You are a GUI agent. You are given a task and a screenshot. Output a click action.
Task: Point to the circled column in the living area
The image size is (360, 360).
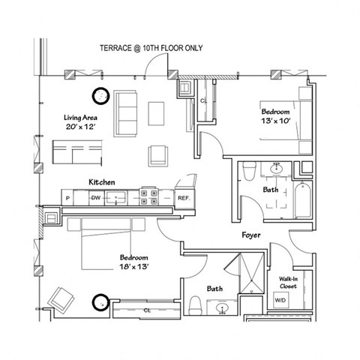(x=100, y=95)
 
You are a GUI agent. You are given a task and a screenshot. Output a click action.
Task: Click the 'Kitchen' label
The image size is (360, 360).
(x=101, y=182)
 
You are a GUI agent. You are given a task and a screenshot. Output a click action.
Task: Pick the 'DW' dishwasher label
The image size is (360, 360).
(x=95, y=198)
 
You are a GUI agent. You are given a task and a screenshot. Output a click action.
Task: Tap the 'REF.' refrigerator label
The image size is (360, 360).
(x=182, y=198)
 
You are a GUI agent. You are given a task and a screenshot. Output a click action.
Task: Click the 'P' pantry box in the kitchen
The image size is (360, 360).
(x=68, y=198)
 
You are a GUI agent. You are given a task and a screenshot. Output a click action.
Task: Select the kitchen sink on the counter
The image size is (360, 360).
(x=116, y=198)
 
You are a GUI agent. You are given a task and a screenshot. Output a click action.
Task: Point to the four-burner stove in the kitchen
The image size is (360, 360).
(x=148, y=198)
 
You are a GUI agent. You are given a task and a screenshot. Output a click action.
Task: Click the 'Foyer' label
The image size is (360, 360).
(x=250, y=235)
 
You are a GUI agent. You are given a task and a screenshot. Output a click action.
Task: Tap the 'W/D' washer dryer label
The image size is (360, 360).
(x=280, y=301)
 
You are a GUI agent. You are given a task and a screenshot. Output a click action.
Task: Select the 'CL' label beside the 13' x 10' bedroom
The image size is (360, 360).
(x=203, y=100)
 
